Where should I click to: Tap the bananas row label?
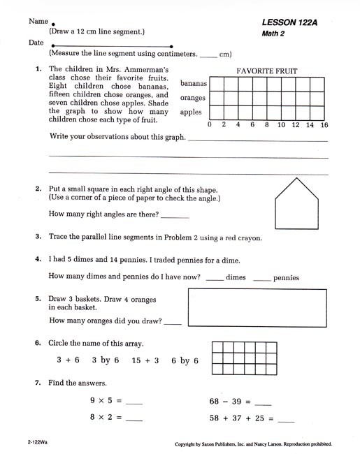(x=193, y=83)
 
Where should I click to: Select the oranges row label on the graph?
(x=193, y=98)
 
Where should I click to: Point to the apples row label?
(x=191, y=112)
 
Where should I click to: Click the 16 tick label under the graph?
(x=324, y=125)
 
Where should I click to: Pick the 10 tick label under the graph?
(x=281, y=125)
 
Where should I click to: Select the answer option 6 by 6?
(x=185, y=360)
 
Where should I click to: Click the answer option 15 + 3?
(x=146, y=360)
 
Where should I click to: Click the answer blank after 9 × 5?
(x=133, y=403)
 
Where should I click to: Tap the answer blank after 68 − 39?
(x=264, y=403)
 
